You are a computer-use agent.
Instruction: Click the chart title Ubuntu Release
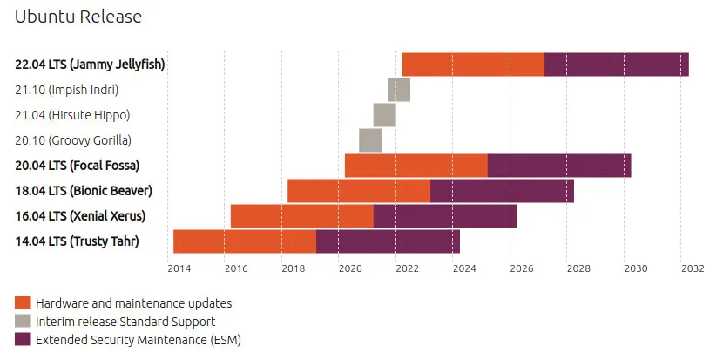coord(78,17)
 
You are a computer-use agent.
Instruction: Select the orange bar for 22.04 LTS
coord(473,65)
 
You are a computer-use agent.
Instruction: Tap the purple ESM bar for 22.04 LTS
coord(617,65)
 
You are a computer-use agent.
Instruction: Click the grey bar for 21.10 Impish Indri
coord(399,90)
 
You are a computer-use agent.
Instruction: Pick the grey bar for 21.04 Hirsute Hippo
coord(384,115)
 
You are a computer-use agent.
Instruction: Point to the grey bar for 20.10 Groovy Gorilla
coord(370,140)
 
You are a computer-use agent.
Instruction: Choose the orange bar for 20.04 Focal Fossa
coord(416,166)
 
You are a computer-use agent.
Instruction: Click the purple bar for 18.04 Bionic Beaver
coord(502,191)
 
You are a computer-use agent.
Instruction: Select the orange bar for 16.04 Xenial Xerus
coord(302,216)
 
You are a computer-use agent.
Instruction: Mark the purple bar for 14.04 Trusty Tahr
coord(388,241)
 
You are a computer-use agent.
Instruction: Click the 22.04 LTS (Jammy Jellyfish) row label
coord(90,65)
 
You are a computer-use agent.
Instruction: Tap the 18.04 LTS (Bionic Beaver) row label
coord(90,191)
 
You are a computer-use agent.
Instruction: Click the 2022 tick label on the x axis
coord(407,268)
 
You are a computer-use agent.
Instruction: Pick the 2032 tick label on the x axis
coord(693,268)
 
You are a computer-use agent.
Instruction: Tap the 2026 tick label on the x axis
coord(521,268)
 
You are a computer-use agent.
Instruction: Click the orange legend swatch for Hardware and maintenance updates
coord(23,303)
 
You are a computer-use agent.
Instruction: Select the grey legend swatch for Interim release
coord(23,322)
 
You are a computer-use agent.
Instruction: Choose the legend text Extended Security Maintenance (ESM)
coord(138,340)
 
